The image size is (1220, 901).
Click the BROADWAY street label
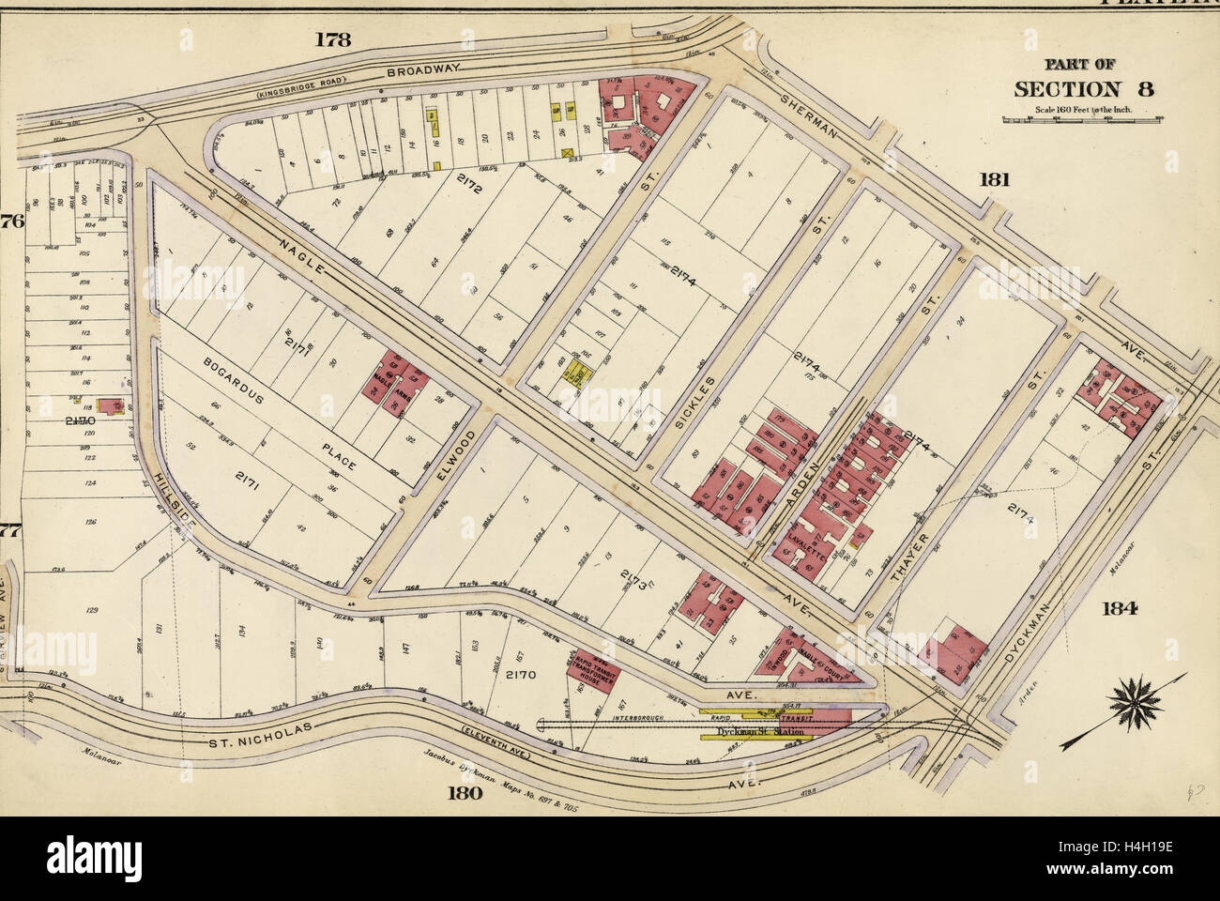(423, 69)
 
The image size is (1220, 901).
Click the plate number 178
(332, 39)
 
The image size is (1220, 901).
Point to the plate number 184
(1121, 607)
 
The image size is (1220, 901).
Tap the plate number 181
(995, 179)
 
